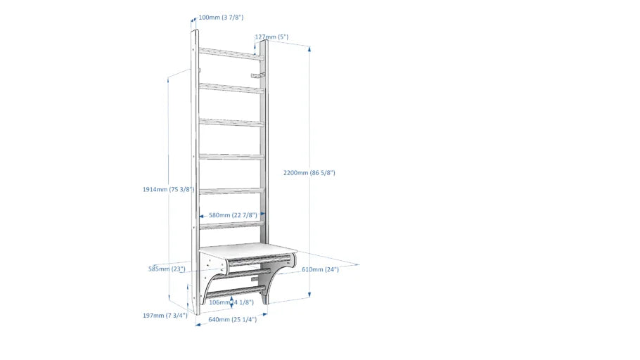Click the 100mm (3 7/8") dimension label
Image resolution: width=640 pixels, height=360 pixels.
pyautogui.click(x=221, y=18)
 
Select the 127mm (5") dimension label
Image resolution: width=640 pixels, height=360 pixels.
pyautogui.click(x=272, y=37)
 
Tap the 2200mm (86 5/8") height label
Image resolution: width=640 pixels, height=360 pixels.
pyautogui.click(x=309, y=173)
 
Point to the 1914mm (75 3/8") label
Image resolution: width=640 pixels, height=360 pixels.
pyautogui.click(x=169, y=189)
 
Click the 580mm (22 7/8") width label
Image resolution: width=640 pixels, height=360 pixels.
pyautogui.click(x=233, y=215)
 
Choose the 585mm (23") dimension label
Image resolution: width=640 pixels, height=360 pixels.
pyautogui.click(x=167, y=269)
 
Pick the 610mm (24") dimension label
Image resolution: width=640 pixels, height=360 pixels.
pyautogui.click(x=321, y=269)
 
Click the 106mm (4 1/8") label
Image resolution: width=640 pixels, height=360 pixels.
pyautogui.click(x=231, y=302)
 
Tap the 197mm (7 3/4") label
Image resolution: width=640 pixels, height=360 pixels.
pyautogui.click(x=165, y=316)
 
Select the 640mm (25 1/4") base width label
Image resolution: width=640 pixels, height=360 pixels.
pyautogui.click(x=233, y=320)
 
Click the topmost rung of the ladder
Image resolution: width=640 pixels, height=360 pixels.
pyautogui.click(x=231, y=54)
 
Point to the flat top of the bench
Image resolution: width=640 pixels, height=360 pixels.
pyautogui.click(x=248, y=250)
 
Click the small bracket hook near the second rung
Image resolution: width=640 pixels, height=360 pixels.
pyautogui.click(x=257, y=75)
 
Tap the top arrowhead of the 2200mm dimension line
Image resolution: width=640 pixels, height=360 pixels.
pyautogui.click(x=309, y=49)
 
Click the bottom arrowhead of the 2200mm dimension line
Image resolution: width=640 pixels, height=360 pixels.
pyautogui.click(x=309, y=295)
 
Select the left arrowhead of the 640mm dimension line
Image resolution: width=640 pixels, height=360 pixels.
pyautogui.click(x=198, y=325)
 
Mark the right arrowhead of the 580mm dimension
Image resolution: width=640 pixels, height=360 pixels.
pyautogui.click(x=262, y=214)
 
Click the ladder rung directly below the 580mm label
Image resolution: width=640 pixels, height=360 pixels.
pyautogui.click(x=231, y=224)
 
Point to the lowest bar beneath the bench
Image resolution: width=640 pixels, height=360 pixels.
pyautogui.click(x=236, y=292)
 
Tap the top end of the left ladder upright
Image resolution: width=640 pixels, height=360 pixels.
pyautogui.click(x=194, y=31)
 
